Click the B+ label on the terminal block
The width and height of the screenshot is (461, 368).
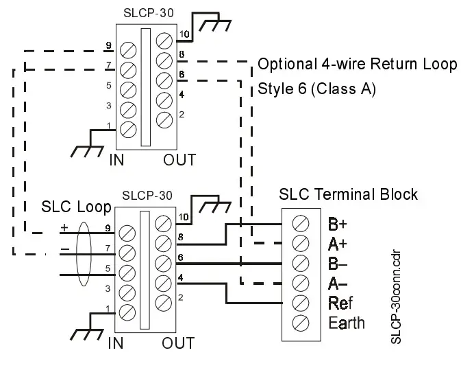(338, 223)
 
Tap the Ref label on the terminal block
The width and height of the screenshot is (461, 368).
(340, 303)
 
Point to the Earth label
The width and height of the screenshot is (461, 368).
(347, 323)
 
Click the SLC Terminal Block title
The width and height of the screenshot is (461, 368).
(348, 194)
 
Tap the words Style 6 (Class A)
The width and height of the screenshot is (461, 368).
(316, 89)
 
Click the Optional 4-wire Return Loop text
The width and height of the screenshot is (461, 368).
(357, 65)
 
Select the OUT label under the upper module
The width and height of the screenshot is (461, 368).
(179, 160)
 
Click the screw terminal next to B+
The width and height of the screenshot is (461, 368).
(299, 223)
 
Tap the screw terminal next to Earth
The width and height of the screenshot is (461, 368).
(299, 323)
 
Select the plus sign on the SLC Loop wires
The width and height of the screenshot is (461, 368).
(64, 228)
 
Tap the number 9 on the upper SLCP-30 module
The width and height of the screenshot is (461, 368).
(108, 46)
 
